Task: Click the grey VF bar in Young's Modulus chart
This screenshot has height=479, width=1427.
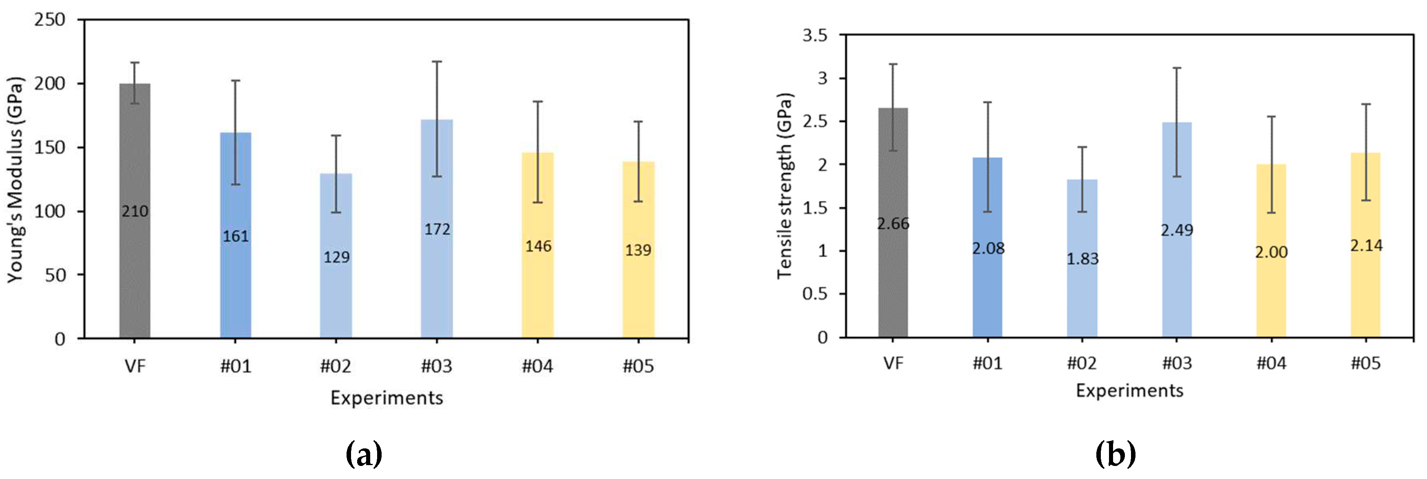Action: pos(135,277)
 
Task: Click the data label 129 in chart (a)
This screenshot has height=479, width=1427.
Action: pos(336,257)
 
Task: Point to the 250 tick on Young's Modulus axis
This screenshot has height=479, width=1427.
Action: pos(50,20)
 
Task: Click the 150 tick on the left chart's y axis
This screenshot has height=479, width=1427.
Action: pos(50,147)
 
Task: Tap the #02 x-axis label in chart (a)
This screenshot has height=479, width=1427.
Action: pos(336,366)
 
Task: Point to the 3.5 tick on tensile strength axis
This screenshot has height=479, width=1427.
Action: pos(815,35)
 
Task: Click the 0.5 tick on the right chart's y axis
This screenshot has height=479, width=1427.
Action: pos(815,294)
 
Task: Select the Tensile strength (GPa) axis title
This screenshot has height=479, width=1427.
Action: pos(785,185)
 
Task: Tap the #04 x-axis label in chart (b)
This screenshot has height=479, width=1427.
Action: pos(1271,364)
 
